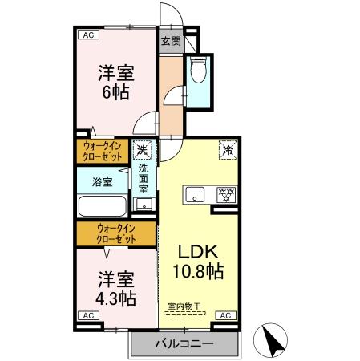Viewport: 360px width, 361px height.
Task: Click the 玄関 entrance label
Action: [169, 41]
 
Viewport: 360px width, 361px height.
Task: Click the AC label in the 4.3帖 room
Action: [87, 316]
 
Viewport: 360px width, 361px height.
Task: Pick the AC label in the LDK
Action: [226, 316]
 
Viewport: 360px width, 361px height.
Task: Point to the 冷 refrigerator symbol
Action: [227, 148]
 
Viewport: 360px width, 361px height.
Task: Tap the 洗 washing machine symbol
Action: [143, 149]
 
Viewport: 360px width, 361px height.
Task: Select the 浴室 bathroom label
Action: [102, 181]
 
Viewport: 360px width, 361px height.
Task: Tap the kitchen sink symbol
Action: [195, 195]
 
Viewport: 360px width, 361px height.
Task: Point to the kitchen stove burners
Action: [226, 195]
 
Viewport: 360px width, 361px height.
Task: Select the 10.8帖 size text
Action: [200, 272]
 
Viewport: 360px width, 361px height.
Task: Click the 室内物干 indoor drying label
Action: [184, 306]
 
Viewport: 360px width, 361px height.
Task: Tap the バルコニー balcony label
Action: [184, 344]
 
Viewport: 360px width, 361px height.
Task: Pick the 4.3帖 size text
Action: [116, 298]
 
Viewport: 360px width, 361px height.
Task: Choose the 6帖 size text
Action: [116, 91]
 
